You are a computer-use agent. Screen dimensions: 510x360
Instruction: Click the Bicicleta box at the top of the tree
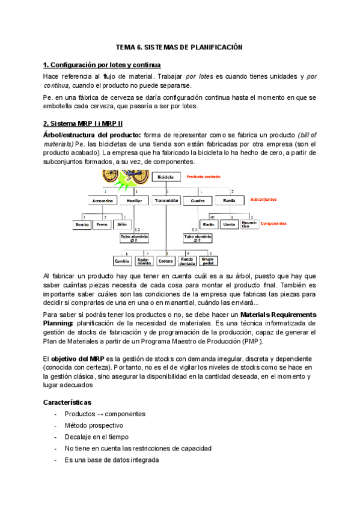166,177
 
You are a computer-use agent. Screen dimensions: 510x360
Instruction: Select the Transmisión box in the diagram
166,200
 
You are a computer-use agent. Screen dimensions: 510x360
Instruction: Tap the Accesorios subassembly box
100,200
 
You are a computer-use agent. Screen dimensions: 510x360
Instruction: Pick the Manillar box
133,200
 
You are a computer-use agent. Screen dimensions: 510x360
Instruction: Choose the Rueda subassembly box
229,200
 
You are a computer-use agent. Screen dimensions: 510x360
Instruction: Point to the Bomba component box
82,224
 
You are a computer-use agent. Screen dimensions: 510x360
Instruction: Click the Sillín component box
122,224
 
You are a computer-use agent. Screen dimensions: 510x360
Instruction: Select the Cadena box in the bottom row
165,261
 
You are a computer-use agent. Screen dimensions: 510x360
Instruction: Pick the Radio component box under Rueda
208,224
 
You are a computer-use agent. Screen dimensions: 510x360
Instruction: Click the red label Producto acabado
203,177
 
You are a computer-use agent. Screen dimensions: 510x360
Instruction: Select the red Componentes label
270,223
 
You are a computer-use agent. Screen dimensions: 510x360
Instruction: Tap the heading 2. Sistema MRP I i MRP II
83,123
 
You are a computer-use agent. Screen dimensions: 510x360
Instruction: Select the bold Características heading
67,401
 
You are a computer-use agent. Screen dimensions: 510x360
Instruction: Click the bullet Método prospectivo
94,425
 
